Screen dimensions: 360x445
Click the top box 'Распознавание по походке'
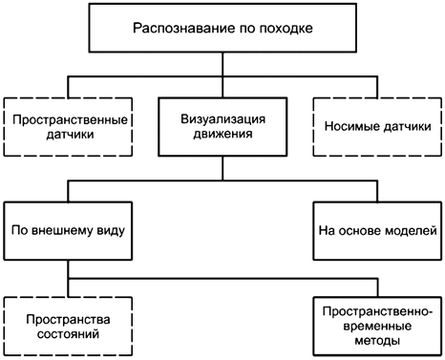coord(222,28)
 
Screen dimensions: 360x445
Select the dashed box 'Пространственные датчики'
coord(67,128)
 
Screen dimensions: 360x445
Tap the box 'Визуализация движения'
coord(222,128)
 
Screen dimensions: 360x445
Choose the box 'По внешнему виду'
coord(67,229)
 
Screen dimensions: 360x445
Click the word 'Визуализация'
coord(222,120)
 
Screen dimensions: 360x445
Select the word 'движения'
coord(222,136)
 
